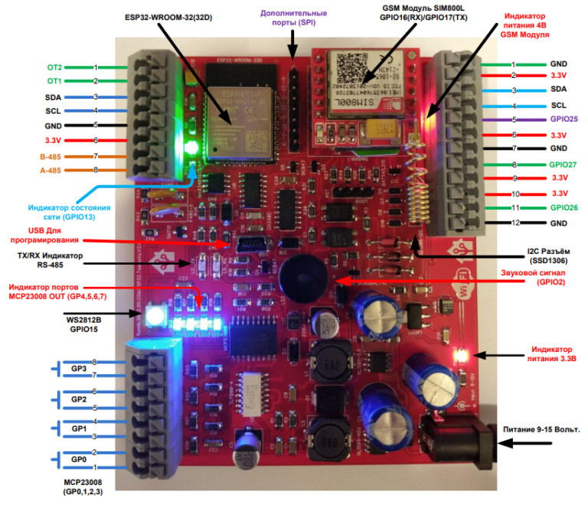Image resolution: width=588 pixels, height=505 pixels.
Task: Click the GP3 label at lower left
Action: pyautogui.click(x=78, y=369)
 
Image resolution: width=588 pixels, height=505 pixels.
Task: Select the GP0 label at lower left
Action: pyautogui.click(x=78, y=459)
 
